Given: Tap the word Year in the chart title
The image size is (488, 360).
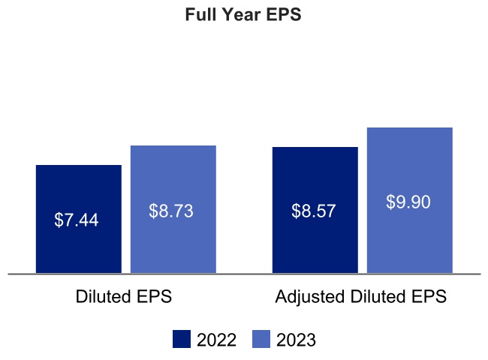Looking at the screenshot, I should click(241, 15).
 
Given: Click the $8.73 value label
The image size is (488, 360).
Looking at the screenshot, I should click(172, 211).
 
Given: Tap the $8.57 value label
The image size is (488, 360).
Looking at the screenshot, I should click(315, 211).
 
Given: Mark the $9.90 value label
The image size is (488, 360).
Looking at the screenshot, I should click(408, 202).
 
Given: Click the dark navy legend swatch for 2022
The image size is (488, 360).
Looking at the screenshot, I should click(182, 340).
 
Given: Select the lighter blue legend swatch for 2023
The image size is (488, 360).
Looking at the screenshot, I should click(261, 340).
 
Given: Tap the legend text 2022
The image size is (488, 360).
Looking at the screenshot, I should click(216, 340).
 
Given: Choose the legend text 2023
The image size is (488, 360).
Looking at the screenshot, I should click(296, 340).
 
